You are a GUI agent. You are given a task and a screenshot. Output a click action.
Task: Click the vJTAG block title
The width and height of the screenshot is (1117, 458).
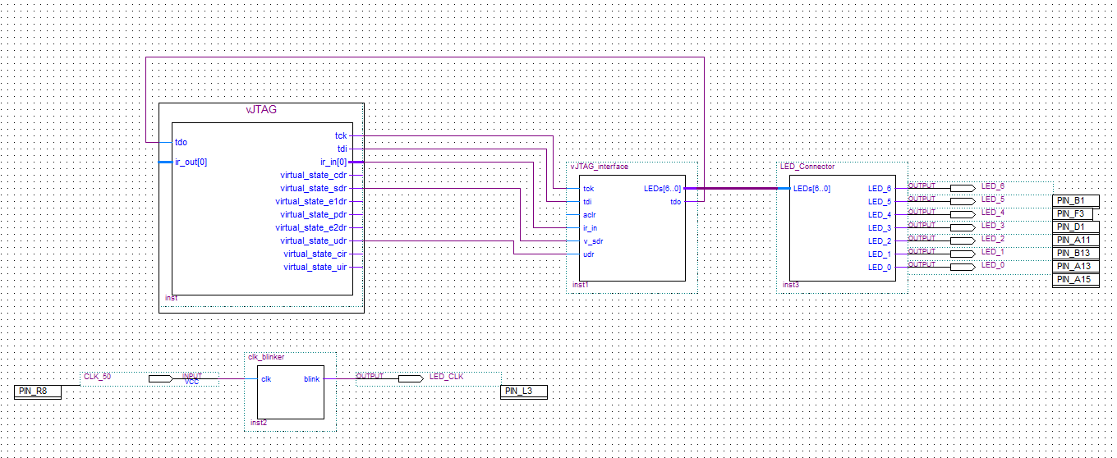coord(261,109)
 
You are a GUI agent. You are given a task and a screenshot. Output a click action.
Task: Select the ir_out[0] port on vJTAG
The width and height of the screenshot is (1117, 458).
coord(191,162)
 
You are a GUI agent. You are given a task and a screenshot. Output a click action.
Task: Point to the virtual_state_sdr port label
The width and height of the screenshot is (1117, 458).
coord(313,188)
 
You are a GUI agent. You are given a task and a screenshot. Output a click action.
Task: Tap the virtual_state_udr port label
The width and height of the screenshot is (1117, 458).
coord(313,240)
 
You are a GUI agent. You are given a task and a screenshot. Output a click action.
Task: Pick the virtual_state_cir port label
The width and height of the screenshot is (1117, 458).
coord(315,254)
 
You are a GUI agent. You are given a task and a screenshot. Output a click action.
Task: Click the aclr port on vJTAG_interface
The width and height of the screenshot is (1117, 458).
coord(590,215)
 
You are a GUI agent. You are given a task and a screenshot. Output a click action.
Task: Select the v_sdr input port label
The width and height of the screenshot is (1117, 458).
coord(592,241)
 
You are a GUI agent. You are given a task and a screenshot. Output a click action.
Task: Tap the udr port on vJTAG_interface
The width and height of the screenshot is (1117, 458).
coord(588,254)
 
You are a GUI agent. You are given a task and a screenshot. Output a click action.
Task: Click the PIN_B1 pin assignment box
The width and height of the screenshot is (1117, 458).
coord(1075,201)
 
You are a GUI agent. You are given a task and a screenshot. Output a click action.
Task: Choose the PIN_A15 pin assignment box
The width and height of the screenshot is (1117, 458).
coord(1075,280)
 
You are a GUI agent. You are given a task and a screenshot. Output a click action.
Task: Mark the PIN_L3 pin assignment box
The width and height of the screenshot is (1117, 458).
coord(523,392)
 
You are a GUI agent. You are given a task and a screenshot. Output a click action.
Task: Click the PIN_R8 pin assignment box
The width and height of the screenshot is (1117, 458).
coord(38,392)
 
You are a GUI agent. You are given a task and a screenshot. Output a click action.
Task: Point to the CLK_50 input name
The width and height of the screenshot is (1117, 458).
coord(98,376)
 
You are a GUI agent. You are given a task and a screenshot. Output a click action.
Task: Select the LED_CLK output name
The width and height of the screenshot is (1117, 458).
coord(447,376)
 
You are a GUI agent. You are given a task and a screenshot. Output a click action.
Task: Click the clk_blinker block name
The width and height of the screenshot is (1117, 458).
coord(266,357)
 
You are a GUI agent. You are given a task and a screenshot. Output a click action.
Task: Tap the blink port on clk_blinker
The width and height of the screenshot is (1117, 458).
coord(311,379)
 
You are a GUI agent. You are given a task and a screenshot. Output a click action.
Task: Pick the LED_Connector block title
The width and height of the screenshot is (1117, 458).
coord(807,167)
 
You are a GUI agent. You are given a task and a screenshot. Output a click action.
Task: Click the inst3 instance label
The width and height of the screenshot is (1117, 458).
coord(790,286)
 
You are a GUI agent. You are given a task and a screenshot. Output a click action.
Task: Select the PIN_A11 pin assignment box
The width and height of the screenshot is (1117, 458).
coord(1075,240)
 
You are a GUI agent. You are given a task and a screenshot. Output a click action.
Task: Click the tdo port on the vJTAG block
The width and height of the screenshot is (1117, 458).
coord(181,142)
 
